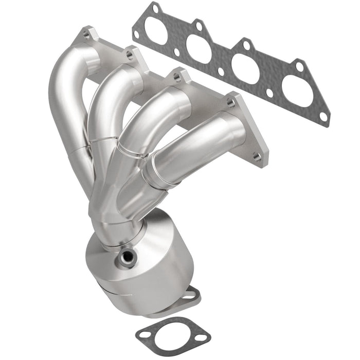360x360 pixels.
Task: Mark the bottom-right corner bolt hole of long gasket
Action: [x=323, y=117]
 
